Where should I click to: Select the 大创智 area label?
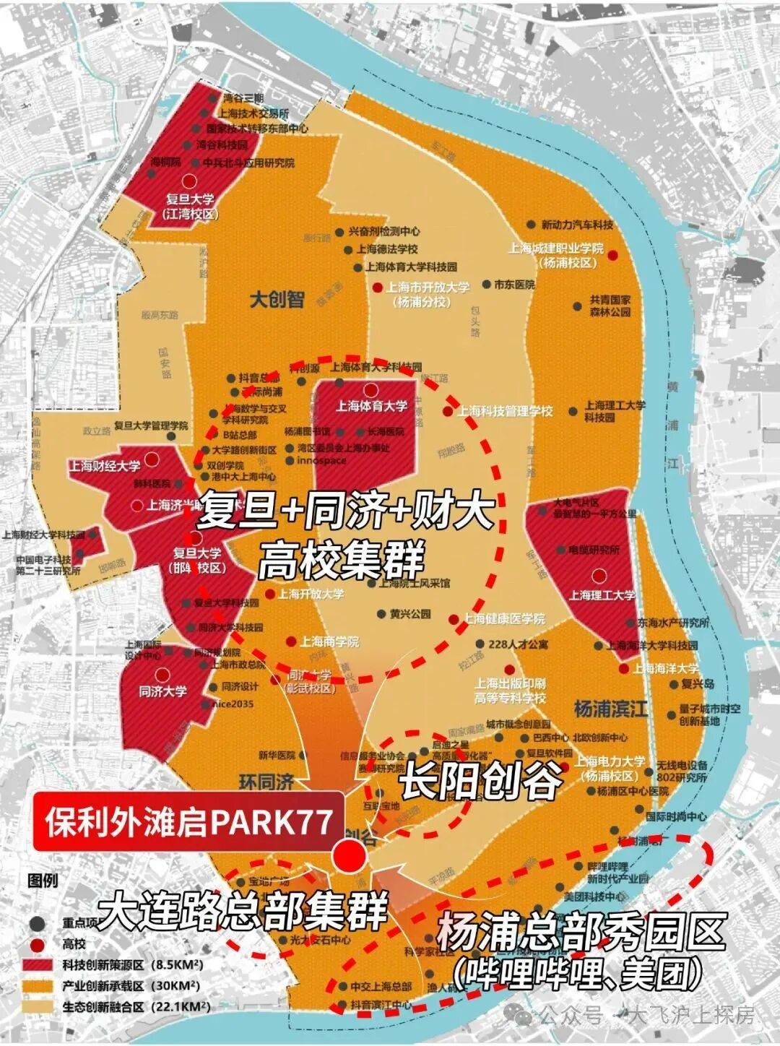277,298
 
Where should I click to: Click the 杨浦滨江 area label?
611,708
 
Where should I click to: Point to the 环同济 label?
266,782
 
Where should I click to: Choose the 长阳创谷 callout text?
481,779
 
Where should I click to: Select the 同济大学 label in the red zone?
162,691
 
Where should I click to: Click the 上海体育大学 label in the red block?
371,406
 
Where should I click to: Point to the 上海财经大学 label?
105,466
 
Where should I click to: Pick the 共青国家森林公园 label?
610,306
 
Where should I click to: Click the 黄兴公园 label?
410,614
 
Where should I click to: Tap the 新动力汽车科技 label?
577,225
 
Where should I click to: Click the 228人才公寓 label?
518,644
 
